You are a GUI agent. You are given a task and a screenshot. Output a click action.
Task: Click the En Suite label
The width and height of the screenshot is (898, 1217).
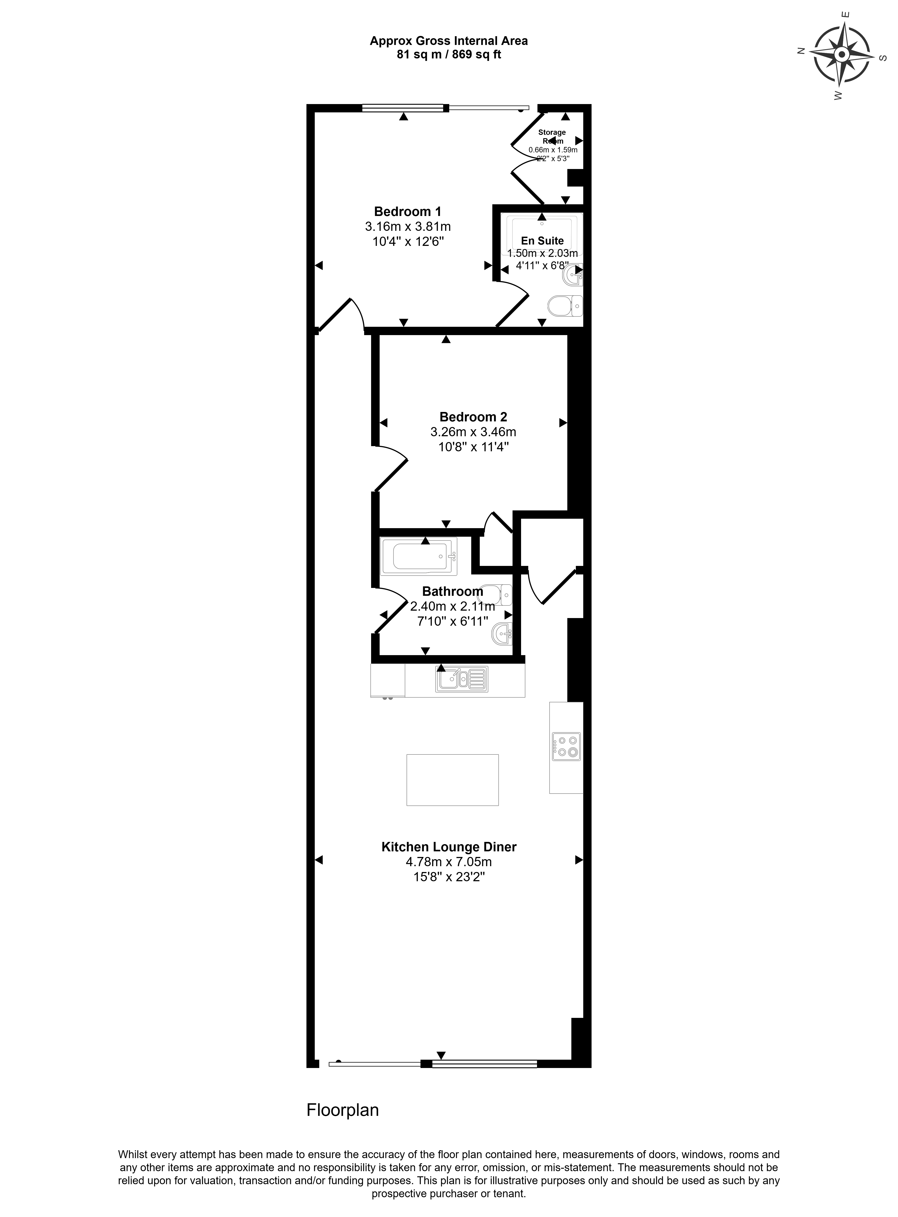point(542,240)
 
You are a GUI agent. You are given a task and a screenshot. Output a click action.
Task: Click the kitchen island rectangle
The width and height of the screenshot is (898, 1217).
point(452,780)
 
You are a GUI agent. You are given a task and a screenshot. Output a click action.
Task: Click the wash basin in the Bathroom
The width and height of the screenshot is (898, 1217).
point(502,634)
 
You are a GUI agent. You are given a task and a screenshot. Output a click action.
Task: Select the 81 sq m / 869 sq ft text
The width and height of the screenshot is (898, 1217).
point(449,54)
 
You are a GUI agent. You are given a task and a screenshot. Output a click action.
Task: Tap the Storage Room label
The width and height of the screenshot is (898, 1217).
point(552,137)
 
